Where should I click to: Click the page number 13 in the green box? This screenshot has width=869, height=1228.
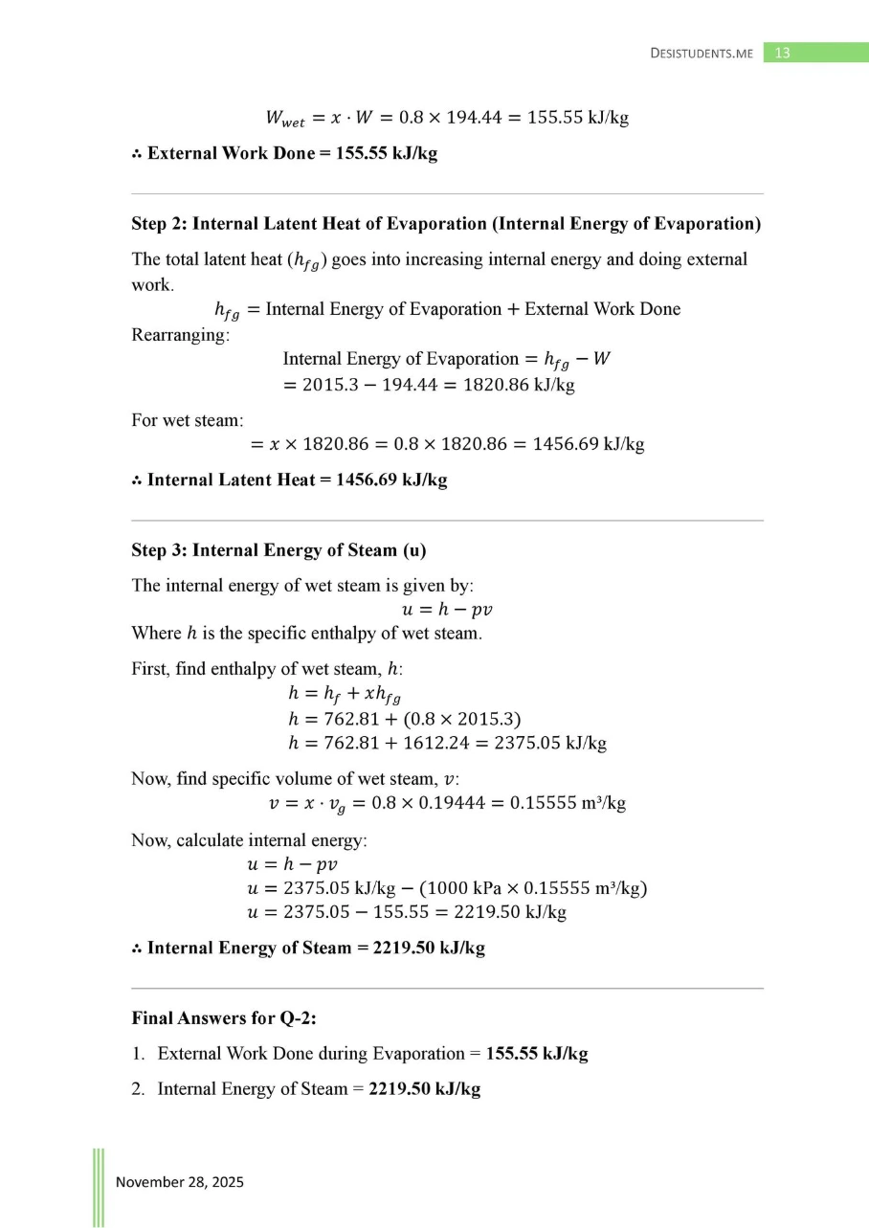click(782, 54)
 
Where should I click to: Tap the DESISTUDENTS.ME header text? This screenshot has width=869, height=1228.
click(701, 54)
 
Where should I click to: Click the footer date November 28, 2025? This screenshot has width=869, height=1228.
click(180, 1182)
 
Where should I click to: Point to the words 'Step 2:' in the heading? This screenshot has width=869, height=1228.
click(159, 224)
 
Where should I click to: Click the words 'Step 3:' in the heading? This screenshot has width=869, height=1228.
click(159, 550)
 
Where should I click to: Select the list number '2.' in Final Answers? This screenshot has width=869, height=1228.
click(139, 1089)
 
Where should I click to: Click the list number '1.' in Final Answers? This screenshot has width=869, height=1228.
click(139, 1054)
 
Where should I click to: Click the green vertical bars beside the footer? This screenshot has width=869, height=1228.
click(99, 1187)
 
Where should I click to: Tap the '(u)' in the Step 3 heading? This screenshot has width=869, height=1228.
click(414, 550)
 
